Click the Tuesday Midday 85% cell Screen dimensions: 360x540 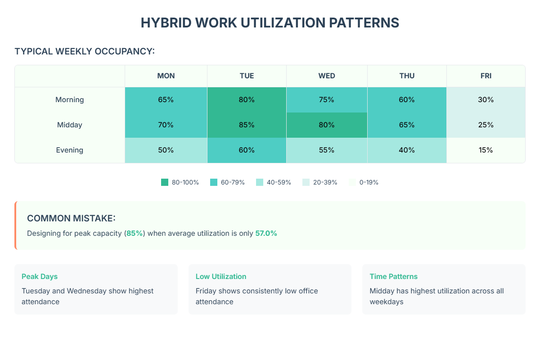click(247, 125)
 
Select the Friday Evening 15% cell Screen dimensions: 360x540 click(486, 150)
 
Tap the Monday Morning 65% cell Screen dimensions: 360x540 click(166, 99)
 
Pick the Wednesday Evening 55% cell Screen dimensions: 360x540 click(327, 150)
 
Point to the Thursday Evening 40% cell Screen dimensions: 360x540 click(406, 150)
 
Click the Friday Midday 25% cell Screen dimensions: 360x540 click(486, 125)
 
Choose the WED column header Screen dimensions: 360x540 click(327, 76)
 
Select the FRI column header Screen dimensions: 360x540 click(486, 76)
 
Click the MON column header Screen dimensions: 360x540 click(166, 76)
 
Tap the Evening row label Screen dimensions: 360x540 click(70, 150)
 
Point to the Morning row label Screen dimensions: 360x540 click(70, 99)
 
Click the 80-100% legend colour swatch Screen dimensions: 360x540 click(165, 182)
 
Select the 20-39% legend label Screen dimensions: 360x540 click(325, 182)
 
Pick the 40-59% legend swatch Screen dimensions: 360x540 click(260, 182)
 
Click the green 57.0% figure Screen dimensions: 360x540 click(266, 233)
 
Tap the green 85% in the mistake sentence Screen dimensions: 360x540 click(135, 233)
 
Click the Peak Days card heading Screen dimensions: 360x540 click(40, 276)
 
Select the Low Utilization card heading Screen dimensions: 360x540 click(221, 276)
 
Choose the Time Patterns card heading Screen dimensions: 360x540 click(394, 276)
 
